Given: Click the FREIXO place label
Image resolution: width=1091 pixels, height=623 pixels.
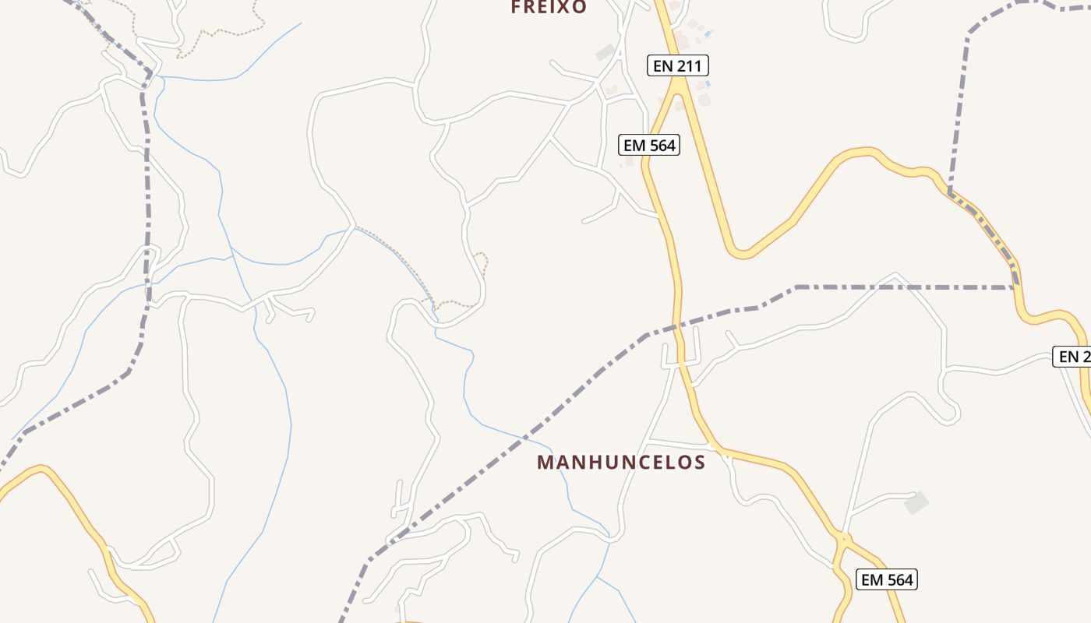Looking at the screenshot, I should pos(548,7).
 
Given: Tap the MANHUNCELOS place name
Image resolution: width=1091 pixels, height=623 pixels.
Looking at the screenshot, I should pos(621,463).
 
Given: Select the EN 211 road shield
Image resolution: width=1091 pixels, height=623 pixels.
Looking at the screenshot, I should pos(677,66).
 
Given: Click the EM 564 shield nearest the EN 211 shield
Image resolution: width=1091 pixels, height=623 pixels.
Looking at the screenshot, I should pos(649,145).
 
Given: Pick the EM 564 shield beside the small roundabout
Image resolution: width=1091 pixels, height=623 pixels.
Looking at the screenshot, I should pos(886,579).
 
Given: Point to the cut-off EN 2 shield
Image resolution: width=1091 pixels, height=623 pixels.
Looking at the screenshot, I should pos(1073,357).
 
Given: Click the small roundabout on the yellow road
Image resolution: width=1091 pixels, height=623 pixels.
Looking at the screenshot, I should pos(843,539).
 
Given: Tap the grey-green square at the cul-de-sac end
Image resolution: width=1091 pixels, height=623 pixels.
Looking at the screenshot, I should pos(916,502).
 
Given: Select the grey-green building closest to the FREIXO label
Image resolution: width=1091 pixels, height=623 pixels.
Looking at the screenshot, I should pos(606,53).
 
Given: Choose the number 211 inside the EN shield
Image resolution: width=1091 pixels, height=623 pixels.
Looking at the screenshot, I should pos(688,66).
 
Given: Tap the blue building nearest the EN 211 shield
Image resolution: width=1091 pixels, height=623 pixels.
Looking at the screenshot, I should pos(705,84).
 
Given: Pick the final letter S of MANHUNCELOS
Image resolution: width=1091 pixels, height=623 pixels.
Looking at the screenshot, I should pos(699,463).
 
